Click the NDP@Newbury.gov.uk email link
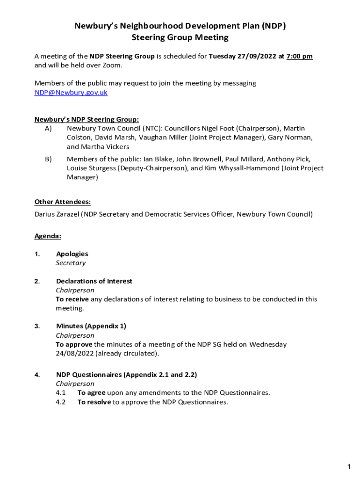coord(71,93)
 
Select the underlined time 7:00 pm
coord(299,57)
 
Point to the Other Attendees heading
coord(63,202)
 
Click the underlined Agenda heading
coord(48,236)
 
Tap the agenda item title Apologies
coord(72,254)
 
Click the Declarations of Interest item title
coord(94,281)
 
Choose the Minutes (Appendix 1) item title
coord(91,326)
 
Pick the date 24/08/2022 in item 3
coord(75,354)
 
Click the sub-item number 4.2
coord(61,402)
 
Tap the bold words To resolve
coord(94,402)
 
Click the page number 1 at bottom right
coord(349,467)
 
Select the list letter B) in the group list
coord(48,160)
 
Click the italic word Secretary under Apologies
coord(71,263)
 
